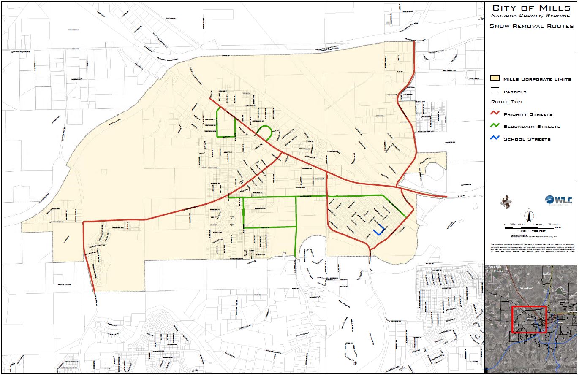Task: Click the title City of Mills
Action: point(531,8)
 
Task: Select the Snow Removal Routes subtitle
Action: point(531,26)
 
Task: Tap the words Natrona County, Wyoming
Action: point(530,16)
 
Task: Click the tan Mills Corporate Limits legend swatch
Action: point(495,78)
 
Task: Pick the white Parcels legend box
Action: point(495,91)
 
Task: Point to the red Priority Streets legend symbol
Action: point(495,114)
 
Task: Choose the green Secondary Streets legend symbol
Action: point(495,126)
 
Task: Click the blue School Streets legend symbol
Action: point(495,138)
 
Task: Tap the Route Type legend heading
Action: point(507,102)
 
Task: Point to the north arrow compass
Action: point(528,214)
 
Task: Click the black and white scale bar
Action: point(531,228)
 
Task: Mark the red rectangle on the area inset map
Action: point(529,319)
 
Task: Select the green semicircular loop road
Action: point(265,132)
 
